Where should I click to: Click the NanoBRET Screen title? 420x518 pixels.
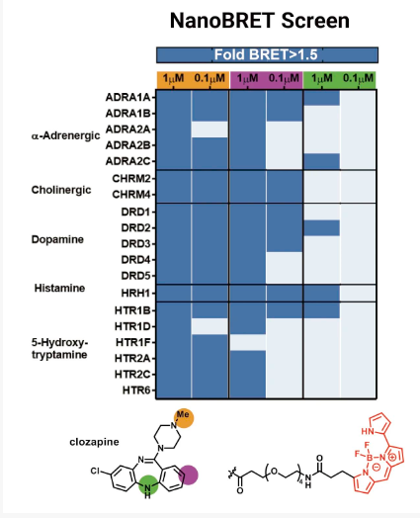point(260,21)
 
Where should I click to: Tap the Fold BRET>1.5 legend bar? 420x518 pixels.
point(267,54)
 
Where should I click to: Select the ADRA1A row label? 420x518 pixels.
point(127,98)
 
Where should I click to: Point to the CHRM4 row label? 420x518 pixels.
point(131,195)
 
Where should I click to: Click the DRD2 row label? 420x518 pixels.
point(135,227)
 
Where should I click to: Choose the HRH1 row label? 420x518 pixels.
point(135,293)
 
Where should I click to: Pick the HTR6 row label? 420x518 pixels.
point(136,390)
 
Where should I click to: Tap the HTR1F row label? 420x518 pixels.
point(133,342)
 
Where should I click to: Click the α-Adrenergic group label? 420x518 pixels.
point(65,135)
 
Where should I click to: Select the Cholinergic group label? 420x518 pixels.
point(61,190)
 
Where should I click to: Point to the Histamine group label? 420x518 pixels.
point(59,288)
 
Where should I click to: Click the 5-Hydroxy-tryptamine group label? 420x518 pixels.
point(59,349)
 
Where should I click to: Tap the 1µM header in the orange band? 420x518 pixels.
point(173,79)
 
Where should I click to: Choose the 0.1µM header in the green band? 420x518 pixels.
point(359,79)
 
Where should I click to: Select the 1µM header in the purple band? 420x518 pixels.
point(248,79)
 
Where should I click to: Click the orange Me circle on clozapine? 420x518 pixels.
point(184,418)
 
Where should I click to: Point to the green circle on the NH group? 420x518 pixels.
point(148,484)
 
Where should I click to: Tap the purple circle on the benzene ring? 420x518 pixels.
point(188,475)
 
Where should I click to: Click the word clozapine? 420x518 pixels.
point(95,442)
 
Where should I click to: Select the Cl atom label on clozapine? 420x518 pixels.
point(95,471)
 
